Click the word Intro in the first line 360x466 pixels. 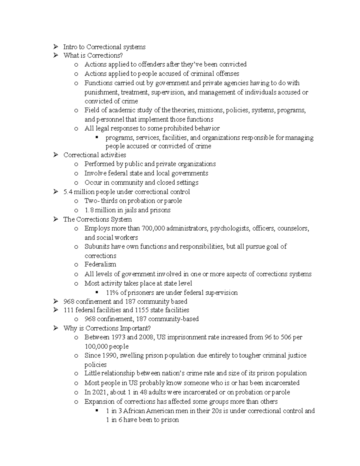click(70, 47)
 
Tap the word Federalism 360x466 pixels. click(100, 264)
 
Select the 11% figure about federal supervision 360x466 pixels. click(112, 293)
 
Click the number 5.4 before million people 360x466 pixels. click(68, 192)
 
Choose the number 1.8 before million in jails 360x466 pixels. click(89, 210)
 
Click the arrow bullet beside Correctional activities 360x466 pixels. click(55, 155)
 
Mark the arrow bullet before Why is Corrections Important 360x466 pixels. click(55, 328)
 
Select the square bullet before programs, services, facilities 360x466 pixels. click(97, 138)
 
